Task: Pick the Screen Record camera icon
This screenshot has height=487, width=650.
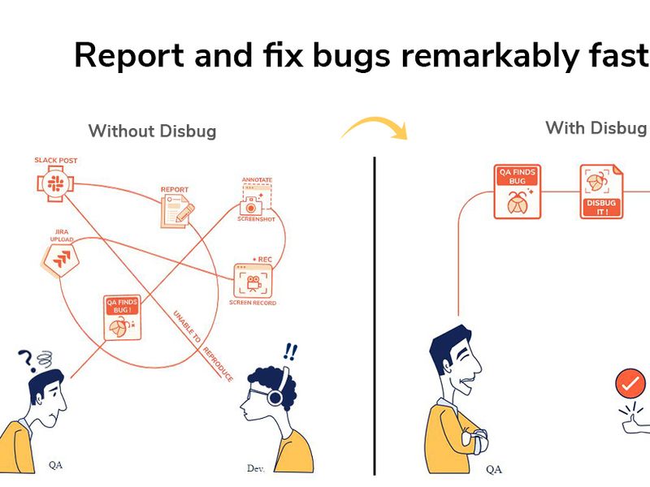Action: [x=253, y=282]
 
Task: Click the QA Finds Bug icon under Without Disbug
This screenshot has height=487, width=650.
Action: [x=122, y=317]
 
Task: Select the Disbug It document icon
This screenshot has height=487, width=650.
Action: [x=601, y=192]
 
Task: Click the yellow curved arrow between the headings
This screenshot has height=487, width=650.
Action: [x=374, y=127]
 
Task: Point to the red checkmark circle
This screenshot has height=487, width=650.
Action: [x=630, y=383]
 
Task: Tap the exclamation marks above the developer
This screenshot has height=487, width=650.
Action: [x=289, y=351]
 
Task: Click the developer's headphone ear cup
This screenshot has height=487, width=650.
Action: [x=275, y=398]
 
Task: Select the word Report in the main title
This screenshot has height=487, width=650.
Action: [x=127, y=56]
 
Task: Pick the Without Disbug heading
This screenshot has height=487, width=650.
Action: [x=152, y=131]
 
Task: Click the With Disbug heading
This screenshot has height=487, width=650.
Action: [x=596, y=128]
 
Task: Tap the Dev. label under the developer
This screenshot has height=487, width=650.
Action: [x=256, y=468]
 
